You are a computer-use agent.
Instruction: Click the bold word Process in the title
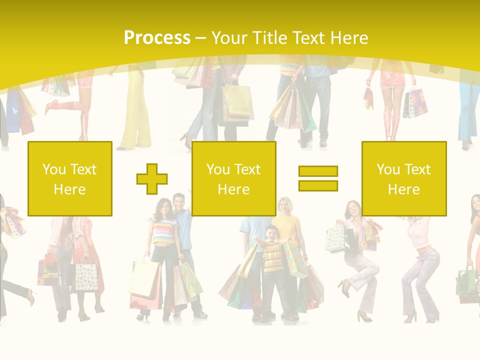point(157,38)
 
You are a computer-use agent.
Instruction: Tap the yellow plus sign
point(152,178)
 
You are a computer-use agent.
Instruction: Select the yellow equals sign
point(318,178)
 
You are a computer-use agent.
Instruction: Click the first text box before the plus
point(70,178)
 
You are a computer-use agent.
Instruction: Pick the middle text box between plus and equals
point(233,178)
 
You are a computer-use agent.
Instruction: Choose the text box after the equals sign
point(404,178)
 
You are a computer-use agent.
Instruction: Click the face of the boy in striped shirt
point(271,233)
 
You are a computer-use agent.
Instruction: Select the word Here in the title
point(348,38)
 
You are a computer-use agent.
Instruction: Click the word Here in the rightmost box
point(404,189)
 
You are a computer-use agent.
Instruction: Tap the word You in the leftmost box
point(53,169)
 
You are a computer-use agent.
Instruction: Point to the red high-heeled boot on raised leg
point(52,107)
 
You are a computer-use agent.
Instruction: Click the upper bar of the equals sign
point(318,171)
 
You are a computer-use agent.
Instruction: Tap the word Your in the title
point(230,38)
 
